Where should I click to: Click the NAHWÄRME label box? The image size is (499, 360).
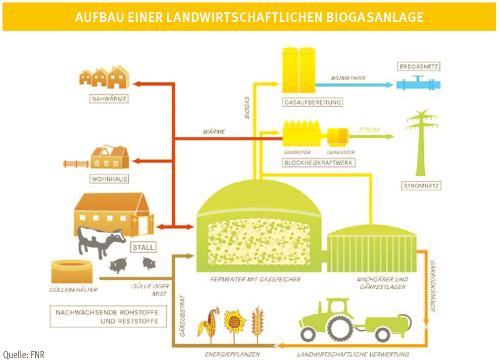[x=108, y=99]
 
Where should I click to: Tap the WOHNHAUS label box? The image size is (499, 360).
[x=108, y=179]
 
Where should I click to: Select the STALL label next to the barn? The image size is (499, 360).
[x=143, y=247]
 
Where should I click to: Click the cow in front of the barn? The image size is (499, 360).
[x=100, y=241]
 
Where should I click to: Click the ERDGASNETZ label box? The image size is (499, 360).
[x=419, y=66]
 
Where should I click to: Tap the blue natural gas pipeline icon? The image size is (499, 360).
[x=418, y=84]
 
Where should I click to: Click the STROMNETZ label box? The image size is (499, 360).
[x=421, y=186]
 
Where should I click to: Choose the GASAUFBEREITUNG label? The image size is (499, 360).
[x=312, y=103]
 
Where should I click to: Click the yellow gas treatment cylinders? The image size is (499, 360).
[x=299, y=69]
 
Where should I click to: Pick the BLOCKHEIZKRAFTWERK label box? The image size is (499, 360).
[x=319, y=162]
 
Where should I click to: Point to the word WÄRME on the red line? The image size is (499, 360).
[x=214, y=132]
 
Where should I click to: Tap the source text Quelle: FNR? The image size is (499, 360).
[x=24, y=355]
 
